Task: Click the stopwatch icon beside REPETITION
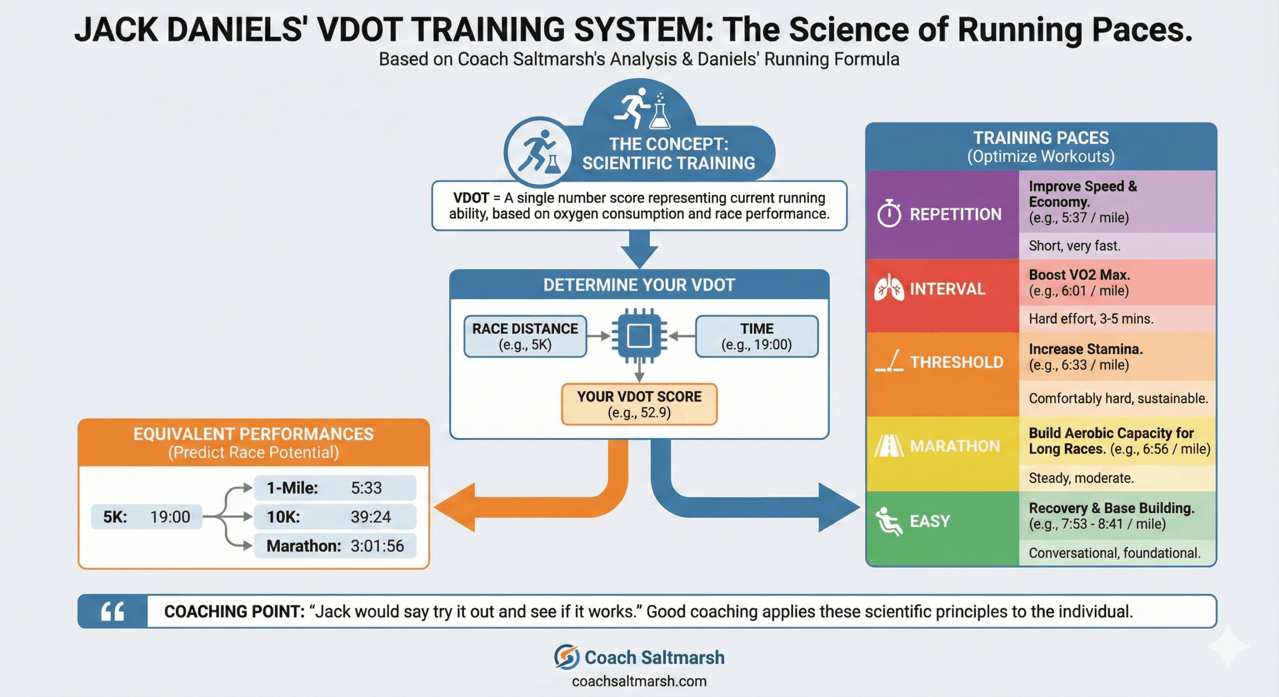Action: (889, 214)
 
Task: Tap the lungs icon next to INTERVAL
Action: (889, 289)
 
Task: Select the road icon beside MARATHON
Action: (889, 445)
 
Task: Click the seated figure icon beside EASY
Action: (889, 521)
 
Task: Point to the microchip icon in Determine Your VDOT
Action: (639, 336)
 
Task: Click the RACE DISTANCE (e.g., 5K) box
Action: (525, 336)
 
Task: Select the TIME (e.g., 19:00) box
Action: (756, 336)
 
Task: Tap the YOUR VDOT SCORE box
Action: (639, 404)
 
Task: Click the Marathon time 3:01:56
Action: (377, 546)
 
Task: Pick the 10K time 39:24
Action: (371, 517)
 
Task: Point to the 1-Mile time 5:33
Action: (366, 488)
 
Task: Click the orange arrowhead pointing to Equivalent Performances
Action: (455, 507)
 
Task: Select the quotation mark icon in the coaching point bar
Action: (113, 611)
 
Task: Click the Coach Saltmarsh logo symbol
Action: (567, 657)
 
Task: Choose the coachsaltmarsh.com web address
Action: (639, 681)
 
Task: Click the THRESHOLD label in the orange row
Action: (956, 362)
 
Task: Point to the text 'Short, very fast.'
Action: (1074, 246)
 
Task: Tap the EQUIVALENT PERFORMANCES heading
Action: (253, 434)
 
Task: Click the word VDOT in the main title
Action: (359, 30)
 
